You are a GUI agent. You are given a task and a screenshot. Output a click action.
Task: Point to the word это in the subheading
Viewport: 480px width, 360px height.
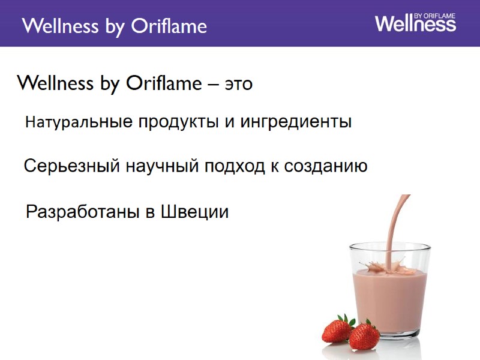tap(238, 85)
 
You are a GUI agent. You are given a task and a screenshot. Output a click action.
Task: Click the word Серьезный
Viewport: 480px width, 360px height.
tap(69, 166)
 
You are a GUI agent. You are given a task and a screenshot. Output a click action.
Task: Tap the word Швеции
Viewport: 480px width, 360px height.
tap(195, 212)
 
